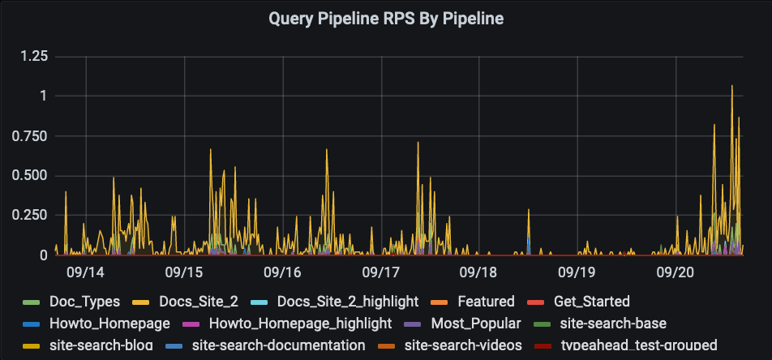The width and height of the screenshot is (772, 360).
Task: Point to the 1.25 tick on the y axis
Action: pos(33,56)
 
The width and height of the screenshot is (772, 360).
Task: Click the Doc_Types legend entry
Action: pos(84,302)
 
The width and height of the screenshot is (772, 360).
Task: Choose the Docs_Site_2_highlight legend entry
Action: pos(348,302)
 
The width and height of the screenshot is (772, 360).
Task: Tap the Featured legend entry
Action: pos(486,302)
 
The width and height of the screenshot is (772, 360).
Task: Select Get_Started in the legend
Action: pos(592,302)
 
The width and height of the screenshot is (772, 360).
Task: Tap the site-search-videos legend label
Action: pos(463,345)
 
